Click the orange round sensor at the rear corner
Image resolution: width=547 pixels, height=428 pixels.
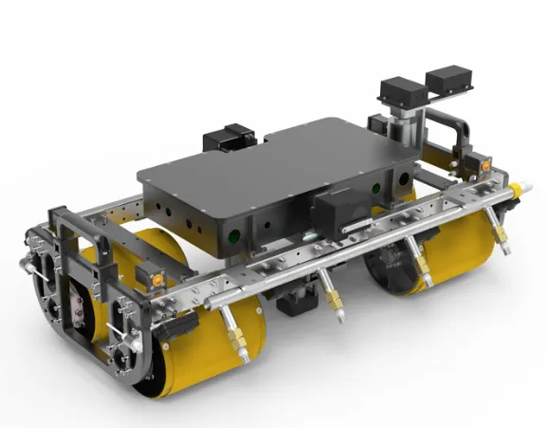point(483,167)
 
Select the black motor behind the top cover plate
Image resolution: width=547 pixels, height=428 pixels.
point(228,139)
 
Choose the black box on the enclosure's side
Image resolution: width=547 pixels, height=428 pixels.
point(337,211)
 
